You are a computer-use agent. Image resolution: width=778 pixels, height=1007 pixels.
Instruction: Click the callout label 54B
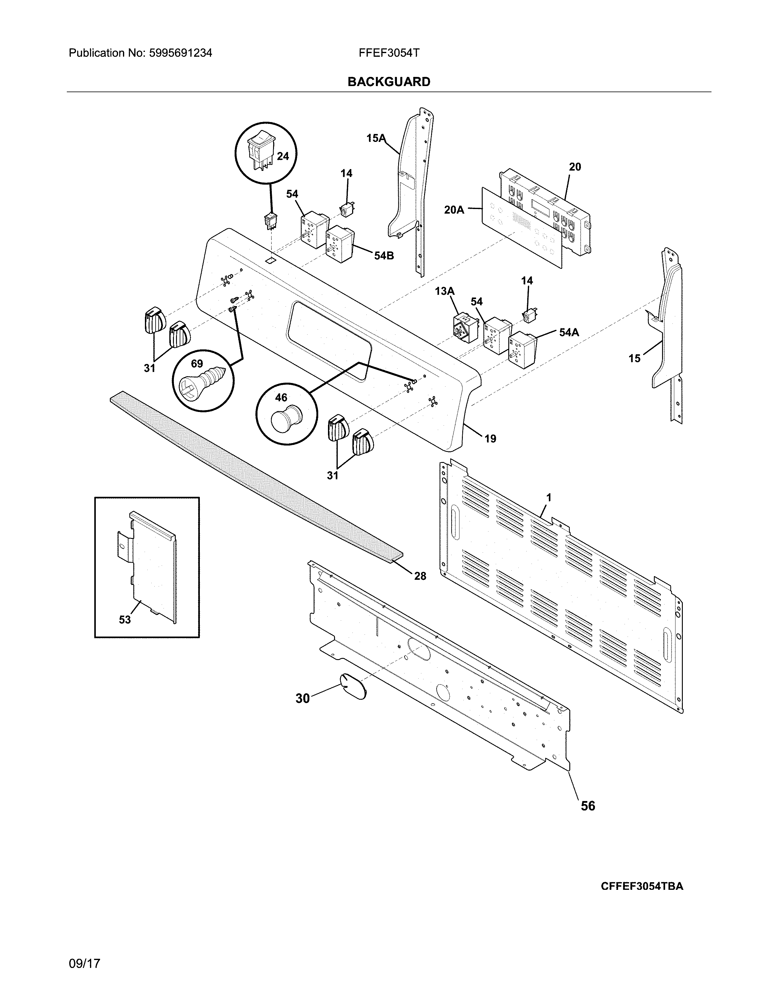coord(384,255)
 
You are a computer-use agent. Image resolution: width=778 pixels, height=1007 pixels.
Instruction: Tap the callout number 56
coord(588,806)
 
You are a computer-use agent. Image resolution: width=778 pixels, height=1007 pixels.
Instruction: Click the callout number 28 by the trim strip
coord(420,576)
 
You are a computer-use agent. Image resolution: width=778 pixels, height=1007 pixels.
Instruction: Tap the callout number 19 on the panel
coord(490,439)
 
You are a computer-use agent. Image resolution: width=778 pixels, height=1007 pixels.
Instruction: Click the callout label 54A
coord(569,332)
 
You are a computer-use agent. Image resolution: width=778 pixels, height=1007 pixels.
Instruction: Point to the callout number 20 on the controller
coord(575,167)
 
